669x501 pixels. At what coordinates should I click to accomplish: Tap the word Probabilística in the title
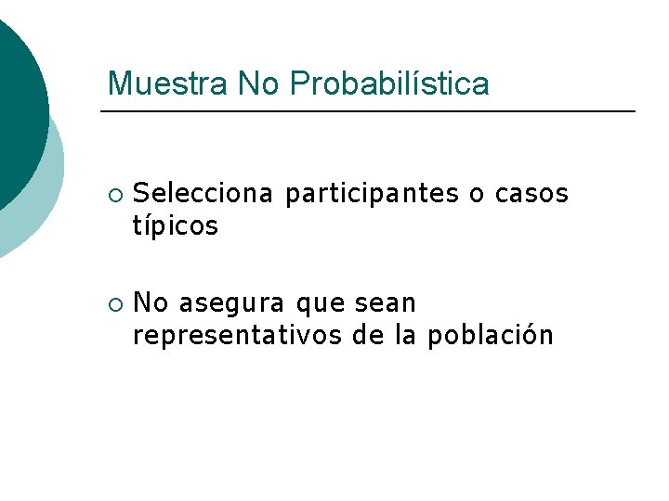coord(388,84)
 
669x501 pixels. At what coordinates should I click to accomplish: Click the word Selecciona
coord(203,193)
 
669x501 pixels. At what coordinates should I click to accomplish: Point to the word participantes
coord(372,194)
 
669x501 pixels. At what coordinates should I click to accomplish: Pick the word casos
coord(531,193)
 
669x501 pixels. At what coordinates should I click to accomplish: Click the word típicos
coord(176,225)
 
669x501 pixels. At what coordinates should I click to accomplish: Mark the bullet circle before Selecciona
coord(113,195)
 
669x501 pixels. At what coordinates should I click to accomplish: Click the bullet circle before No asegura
coord(113,304)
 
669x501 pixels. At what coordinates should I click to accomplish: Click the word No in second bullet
coord(151,303)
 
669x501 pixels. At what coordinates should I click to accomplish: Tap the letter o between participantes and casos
coord(477,194)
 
